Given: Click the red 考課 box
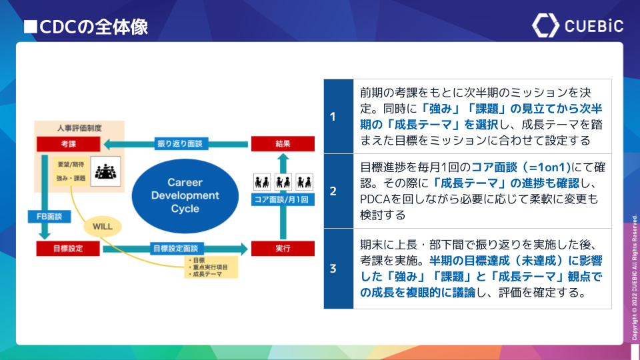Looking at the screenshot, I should coord(68,143).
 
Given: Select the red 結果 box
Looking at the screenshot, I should coord(283,143).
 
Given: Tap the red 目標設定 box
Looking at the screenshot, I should coord(68,249).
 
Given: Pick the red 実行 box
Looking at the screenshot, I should coord(283,249).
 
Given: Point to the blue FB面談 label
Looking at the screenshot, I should coord(45,216).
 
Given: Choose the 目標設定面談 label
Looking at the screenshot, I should coord(175,249).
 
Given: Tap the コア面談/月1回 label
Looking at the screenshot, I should coord(283,199).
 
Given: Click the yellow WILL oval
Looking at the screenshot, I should coord(103,226).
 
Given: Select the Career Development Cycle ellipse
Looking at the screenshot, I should coord(185,195).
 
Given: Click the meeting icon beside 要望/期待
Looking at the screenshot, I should coord(105,172).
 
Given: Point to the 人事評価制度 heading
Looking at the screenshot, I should coord(79,127).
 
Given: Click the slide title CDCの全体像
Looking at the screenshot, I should coord(85,27).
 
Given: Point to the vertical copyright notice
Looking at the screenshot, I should coord(634,277).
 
